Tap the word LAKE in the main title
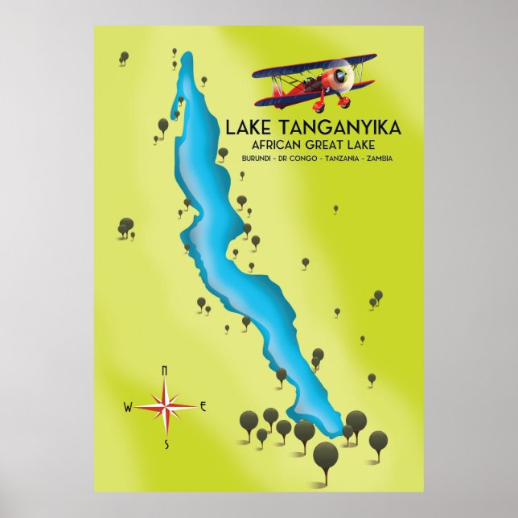pyautogui.click(x=250, y=129)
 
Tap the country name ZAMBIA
pyautogui.click(x=378, y=158)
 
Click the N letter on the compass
pyautogui.click(x=164, y=370)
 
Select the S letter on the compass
pyautogui.click(x=166, y=443)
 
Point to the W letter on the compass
pyautogui.click(x=127, y=407)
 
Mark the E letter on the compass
pyautogui.click(x=203, y=406)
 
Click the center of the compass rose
pyautogui.click(x=165, y=407)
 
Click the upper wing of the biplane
pyautogui.click(x=314, y=64)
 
